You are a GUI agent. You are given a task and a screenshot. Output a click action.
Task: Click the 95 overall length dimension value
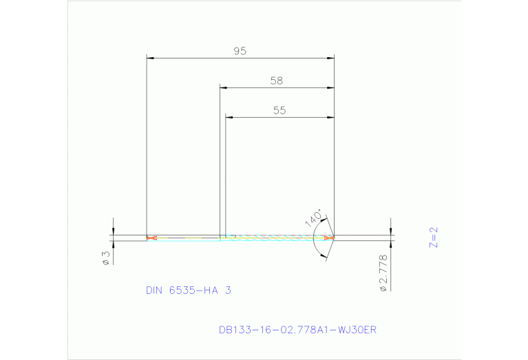[240, 51]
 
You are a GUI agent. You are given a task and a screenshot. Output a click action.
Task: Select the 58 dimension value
[276, 81]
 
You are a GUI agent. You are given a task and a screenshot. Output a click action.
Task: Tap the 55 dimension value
[279, 110]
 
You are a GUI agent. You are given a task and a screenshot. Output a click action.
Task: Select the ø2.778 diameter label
[383, 273]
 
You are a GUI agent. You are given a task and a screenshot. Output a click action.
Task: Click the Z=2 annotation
[433, 237]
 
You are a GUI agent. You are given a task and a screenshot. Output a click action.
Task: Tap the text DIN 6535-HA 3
[188, 290]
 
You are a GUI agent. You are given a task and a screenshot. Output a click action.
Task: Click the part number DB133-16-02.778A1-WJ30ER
[297, 330]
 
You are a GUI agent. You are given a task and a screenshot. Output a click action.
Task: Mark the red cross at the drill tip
[330, 238]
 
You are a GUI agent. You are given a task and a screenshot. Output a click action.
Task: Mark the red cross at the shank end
[151, 238]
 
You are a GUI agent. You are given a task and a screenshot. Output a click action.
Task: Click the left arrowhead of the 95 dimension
[151, 58]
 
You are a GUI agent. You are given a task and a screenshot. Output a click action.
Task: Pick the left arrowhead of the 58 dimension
[224, 87]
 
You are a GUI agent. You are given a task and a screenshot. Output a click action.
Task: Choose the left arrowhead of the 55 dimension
[231, 117]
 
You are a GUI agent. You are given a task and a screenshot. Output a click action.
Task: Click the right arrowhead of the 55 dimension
[330, 117]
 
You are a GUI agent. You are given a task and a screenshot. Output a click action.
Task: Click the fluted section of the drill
[275, 238]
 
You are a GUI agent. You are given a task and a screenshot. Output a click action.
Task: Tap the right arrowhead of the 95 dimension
[330, 58]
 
